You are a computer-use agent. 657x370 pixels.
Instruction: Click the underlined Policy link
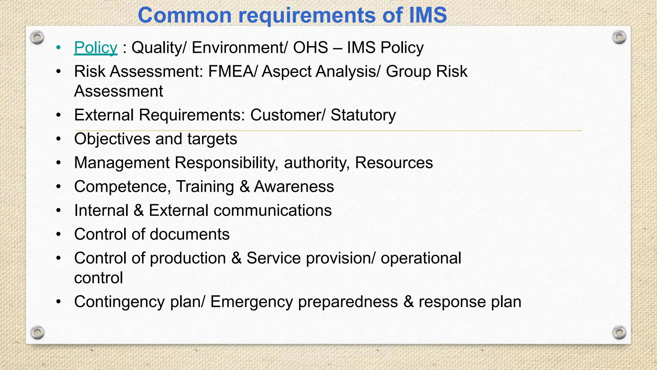96,48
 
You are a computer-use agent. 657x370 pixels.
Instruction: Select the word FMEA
231,71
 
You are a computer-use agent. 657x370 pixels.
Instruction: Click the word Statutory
363,115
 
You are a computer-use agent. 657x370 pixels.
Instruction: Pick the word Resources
394,163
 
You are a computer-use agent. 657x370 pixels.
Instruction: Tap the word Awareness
294,187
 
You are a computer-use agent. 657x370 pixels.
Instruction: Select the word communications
272,211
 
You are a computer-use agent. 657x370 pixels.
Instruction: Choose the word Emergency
252,302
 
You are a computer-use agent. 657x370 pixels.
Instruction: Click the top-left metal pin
37,38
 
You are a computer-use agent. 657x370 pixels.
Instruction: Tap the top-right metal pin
619,38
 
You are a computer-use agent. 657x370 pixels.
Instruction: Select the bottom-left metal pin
37,332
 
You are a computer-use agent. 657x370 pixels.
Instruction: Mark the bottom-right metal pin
619,332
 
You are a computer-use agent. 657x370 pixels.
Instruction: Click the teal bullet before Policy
58,48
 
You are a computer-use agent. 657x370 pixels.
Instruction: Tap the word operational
421,258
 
